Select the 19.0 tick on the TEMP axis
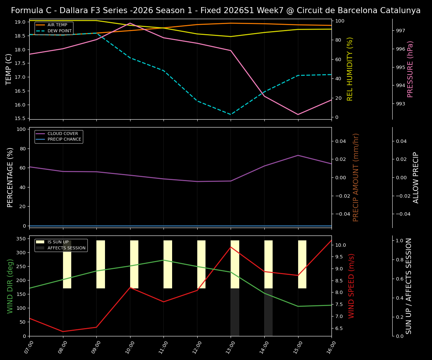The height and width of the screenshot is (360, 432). coord(19,22)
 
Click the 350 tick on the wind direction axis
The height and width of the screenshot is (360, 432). coord(19,239)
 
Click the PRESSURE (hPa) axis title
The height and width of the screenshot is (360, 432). coord(410,69)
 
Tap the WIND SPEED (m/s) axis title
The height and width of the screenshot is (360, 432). coord(351,286)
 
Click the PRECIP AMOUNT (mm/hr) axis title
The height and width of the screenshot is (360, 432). coord(356,177)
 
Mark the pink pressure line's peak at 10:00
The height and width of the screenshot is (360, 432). coord(130,23)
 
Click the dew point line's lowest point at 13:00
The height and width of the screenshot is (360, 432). coord(231,114)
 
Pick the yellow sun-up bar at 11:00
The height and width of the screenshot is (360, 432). coord(168,264)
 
